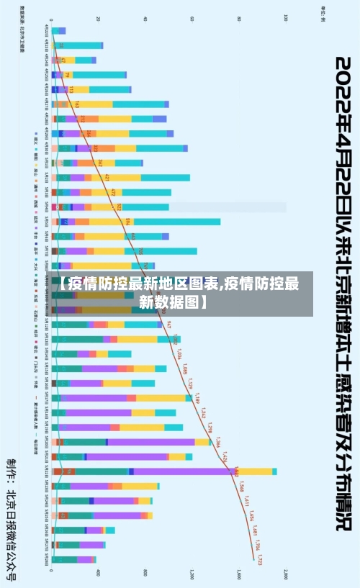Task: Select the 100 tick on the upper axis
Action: coord(286,19)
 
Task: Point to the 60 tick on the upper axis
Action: coord(192,19)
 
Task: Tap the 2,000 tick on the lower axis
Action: coord(286,574)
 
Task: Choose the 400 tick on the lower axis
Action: coord(99,574)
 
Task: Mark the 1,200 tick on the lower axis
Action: coord(192,574)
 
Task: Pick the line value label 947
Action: coord(169,325)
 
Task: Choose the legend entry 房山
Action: coord(36,171)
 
